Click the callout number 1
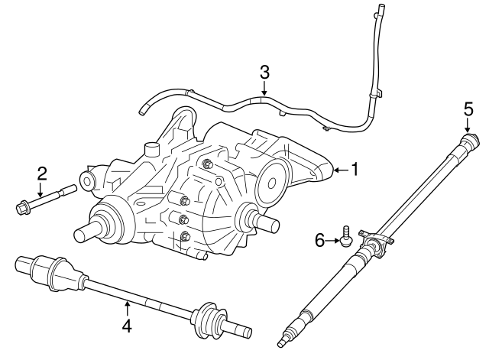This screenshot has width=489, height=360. [x=355, y=170]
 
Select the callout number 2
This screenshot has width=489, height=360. [x=43, y=174]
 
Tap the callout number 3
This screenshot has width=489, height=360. [x=264, y=73]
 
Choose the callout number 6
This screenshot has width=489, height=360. [x=321, y=241]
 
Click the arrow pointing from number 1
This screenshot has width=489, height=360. [x=340, y=170]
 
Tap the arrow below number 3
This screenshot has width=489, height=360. [x=264, y=89]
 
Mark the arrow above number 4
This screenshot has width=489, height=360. [x=127, y=307]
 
